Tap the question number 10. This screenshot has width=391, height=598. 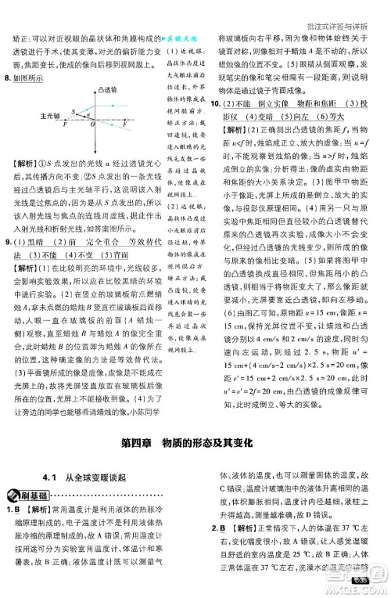(x=218, y=105)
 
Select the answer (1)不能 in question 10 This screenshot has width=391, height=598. (x=238, y=105)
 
